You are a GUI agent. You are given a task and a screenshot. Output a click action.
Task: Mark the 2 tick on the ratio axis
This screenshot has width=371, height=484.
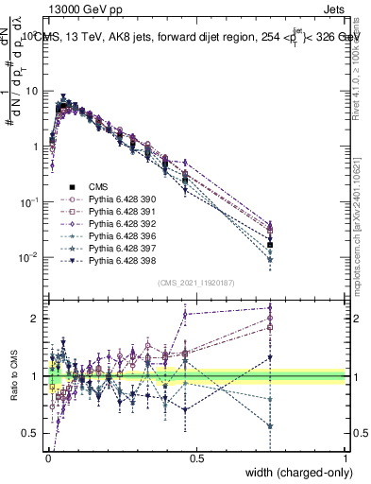[38, 319]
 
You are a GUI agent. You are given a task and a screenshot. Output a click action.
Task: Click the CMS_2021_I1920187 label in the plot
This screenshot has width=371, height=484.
[196, 283]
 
